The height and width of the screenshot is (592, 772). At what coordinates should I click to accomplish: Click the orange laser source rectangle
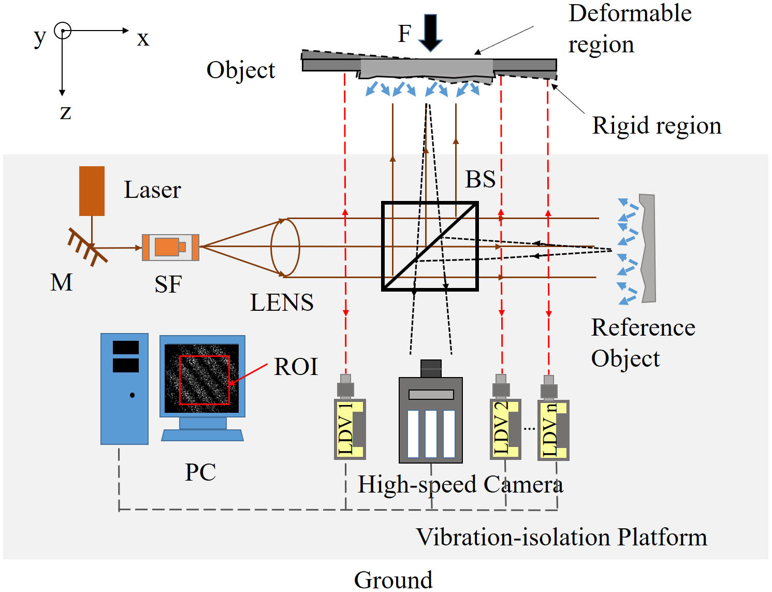click(x=92, y=191)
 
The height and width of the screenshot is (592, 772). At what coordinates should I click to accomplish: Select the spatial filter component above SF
click(x=170, y=247)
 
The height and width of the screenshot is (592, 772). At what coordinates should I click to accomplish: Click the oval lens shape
click(x=285, y=248)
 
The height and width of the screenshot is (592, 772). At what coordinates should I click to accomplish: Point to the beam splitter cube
click(x=430, y=246)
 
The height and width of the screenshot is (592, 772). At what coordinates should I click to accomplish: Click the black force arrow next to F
click(x=430, y=32)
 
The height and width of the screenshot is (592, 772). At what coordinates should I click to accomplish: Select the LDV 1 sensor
click(x=349, y=429)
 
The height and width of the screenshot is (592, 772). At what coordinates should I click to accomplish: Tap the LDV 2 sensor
click(x=505, y=429)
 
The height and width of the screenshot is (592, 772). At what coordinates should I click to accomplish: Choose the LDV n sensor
click(x=553, y=430)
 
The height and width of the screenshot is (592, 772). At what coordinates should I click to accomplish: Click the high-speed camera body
click(x=431, y=420)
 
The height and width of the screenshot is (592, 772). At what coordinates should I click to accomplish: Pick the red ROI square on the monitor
click(x=204, y=380)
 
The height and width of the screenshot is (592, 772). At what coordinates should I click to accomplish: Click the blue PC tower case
click(x=124, y=388)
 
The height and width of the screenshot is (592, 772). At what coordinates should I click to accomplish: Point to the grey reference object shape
click(x=648, y=249)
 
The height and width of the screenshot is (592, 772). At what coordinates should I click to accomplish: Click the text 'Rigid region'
click(x=657, y=125)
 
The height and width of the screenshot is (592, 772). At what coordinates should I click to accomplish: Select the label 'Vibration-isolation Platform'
click(x=561, y=537)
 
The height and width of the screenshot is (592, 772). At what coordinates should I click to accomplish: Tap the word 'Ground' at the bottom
click(x=393, y=580)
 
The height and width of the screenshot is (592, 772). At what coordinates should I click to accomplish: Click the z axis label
click(x=65, y=111)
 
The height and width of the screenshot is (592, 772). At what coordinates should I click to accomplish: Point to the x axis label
click(x=143, y=38)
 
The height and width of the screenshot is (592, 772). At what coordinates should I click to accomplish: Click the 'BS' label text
click(x=480, y=179)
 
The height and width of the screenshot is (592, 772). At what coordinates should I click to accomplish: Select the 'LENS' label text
click(x=282, y=302)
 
